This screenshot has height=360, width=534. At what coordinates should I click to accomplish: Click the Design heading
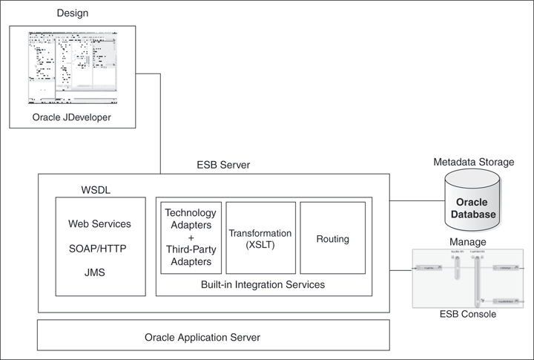tap(71, 14)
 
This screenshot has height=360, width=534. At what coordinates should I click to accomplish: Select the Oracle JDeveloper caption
tap(73, 118)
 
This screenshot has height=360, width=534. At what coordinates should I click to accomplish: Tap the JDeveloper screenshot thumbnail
tap(73, 66)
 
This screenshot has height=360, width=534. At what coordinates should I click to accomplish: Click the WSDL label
tap(95, 190)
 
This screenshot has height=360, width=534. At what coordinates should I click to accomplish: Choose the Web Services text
tap(99, 223)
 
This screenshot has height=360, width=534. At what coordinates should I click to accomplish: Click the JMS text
tap(95, 272)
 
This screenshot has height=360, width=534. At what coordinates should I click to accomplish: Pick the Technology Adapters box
tap(191, 238)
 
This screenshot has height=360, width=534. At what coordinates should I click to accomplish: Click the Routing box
tap(332, 239)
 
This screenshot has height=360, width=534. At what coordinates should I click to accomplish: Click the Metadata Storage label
tap(472, 162)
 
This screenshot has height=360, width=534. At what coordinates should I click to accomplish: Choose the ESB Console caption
tap(467, 315)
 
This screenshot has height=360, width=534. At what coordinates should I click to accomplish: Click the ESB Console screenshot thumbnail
tap(467, 278)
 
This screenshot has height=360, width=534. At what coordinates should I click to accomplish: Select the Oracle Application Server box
tap(214, 337)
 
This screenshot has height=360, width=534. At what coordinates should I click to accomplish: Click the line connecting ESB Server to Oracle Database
tap(416, 200)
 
